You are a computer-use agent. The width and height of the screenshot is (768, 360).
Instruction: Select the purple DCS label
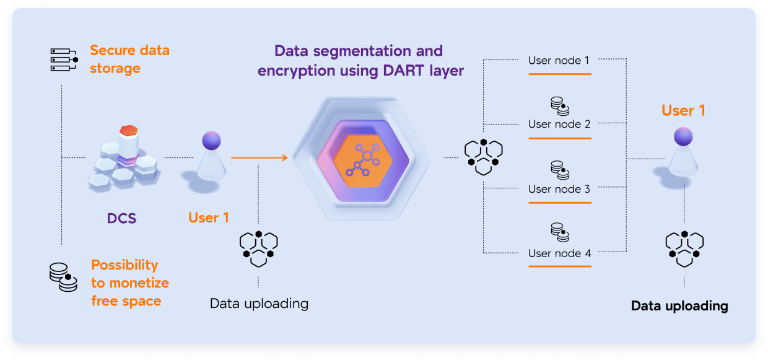[x=122, y=218]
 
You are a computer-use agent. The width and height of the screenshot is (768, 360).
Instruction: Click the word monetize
[x=139, y=283]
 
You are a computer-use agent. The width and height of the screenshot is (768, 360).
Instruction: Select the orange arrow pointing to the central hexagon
[x=260, y=157]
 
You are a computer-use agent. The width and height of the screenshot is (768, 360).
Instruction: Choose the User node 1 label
[x=559, y=61]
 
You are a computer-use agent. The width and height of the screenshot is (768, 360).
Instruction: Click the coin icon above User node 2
[x=560, y=107]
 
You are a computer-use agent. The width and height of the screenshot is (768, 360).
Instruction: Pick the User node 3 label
[x=559, y=189]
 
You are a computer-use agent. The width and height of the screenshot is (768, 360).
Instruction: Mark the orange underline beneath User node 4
[x=560, y=266]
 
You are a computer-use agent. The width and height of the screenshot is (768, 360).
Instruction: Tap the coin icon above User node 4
[x=560, y=232]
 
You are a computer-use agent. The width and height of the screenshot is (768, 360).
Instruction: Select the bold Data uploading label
[x=679, y=306]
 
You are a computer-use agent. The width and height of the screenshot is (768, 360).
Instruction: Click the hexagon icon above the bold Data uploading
[x=684, y=248]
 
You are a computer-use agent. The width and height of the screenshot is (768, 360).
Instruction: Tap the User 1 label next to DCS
[x=209, y=218]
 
